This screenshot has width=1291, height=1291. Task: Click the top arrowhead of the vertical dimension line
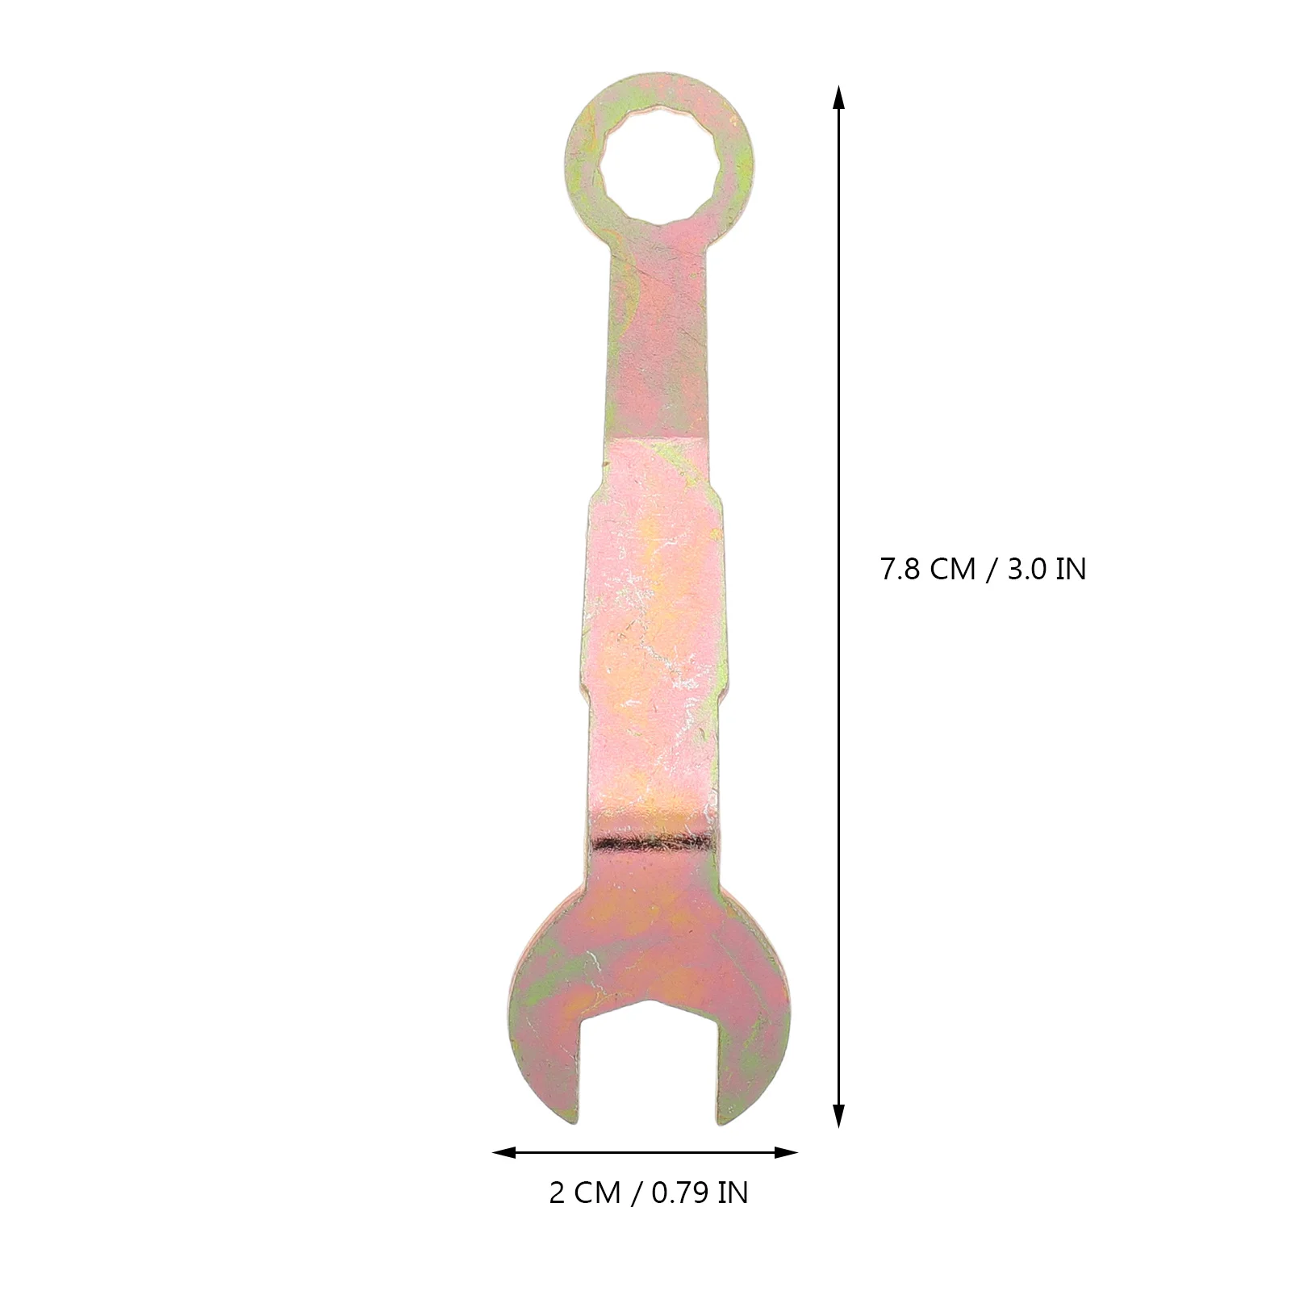(839, 98)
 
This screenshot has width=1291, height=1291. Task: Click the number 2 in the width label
(557, 1193)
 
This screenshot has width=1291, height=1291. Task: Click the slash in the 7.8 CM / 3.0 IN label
(989, 570)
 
